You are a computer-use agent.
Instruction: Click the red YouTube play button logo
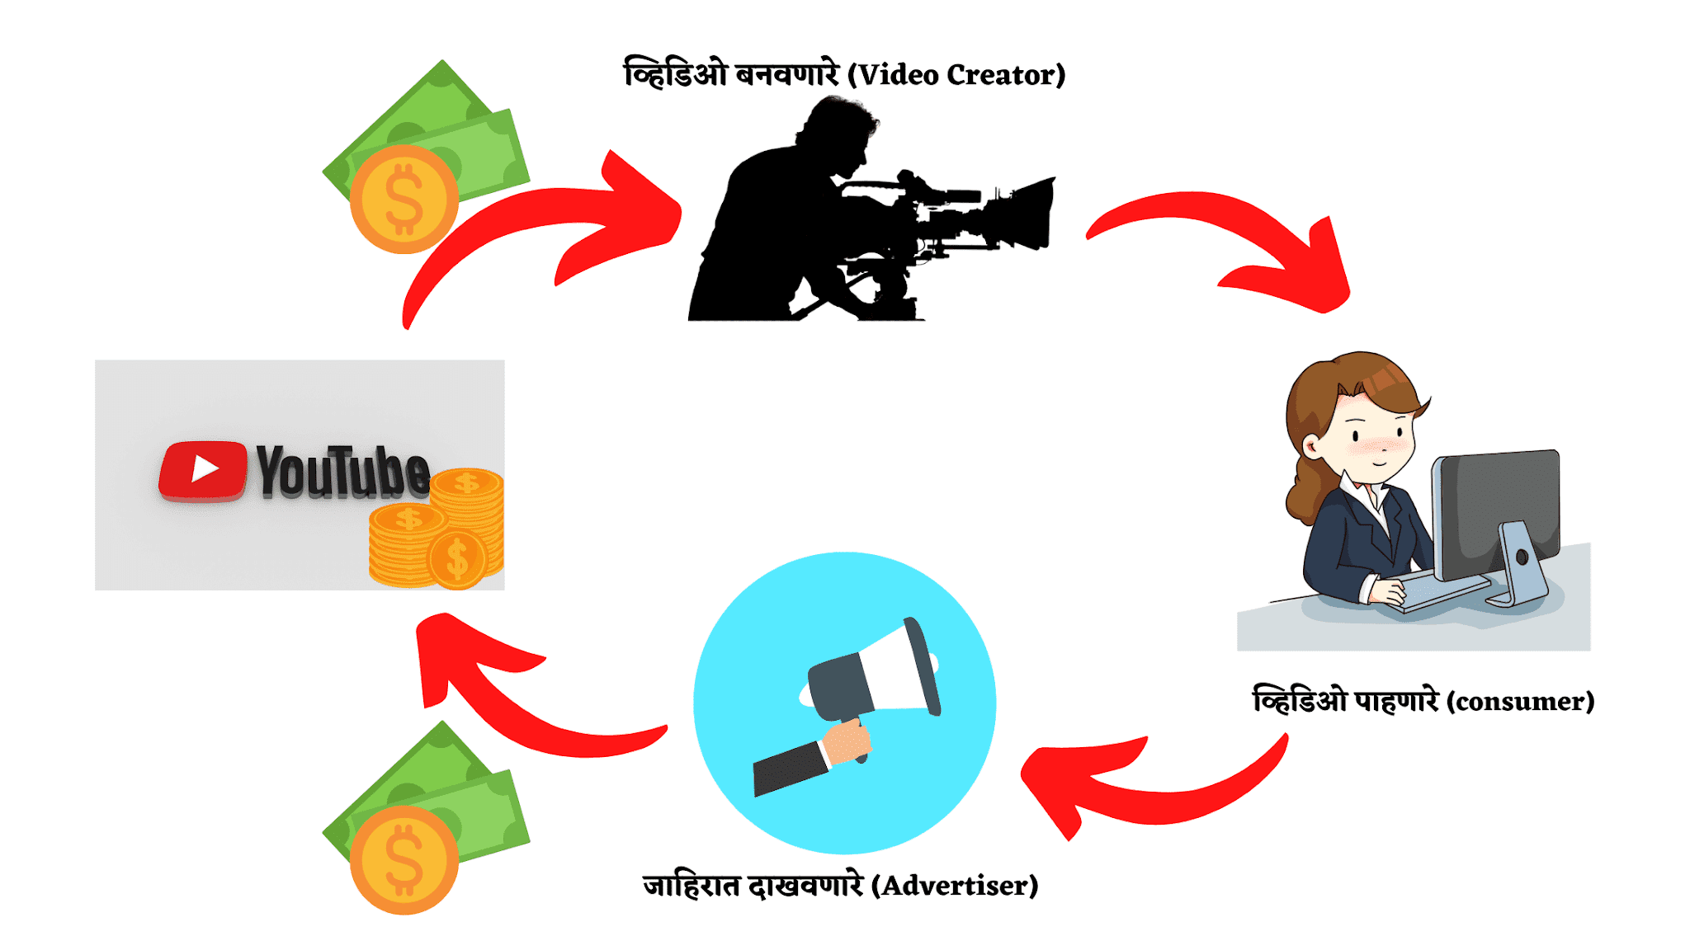203,470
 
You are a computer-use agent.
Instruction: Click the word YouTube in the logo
342,472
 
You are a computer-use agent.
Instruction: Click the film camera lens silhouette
1027,213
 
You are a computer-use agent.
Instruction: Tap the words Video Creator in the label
961,75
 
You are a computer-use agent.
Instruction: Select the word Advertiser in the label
959,886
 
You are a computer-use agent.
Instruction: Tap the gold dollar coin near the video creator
404,200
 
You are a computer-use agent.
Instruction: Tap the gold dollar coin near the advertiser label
404,860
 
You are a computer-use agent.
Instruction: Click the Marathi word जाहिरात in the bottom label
692,886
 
